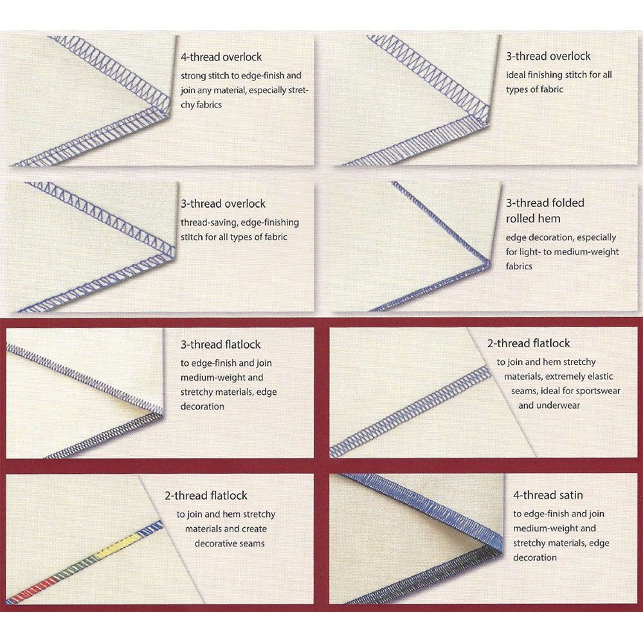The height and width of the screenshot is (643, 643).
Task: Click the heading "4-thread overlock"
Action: [x=221, y=57]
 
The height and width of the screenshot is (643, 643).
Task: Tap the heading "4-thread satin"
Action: [x=548, y=495]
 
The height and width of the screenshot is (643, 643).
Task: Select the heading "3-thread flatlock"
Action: [x=221, y=345]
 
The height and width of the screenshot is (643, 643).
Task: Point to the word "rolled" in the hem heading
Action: [x=520, y=219]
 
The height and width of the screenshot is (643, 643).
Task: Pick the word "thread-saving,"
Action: [x=209, y=222]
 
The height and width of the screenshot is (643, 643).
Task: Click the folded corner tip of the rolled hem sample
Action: [x=489, y=262]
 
